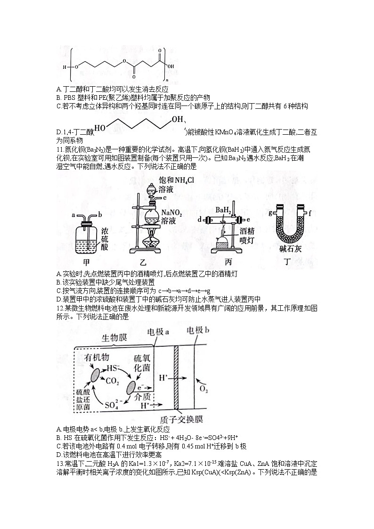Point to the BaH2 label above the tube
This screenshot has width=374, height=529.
pyautogui.click(x=223, y=210)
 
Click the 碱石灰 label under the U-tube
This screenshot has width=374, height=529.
pyautogui.click(x=288, y=250)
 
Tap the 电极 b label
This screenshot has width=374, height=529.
pyautogui.click(x=198, y=331)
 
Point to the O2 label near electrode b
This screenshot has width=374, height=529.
pyautogui.click(x=203, y=389)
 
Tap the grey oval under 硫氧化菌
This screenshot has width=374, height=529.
pyautogui.click(x=130, y=388)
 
